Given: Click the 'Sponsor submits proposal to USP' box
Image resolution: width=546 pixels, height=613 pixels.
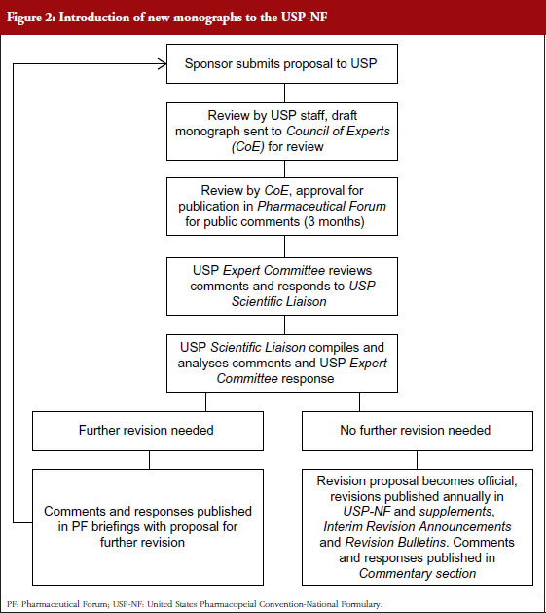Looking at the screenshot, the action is tap(282, 63).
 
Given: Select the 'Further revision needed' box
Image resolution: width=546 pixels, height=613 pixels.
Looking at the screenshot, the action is tap(148, 431).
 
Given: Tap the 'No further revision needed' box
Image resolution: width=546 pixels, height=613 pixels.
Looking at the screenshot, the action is tap(418, 431).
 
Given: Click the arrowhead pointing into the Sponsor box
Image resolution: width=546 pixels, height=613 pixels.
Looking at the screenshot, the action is tap(163, 63).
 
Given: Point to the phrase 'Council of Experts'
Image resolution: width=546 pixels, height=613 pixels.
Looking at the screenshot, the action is tap(338, 131).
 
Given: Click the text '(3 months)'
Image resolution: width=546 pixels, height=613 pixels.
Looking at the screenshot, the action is tap(334, 221).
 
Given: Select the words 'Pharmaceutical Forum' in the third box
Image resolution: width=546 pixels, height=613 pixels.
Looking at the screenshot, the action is tap(321, 206).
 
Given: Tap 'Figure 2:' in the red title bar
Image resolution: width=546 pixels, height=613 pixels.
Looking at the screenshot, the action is tap(31, 18).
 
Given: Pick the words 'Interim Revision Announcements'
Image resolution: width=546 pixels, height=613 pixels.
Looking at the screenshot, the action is tap(418, 526).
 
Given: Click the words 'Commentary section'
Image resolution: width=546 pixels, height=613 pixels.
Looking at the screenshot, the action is tap(418, 573).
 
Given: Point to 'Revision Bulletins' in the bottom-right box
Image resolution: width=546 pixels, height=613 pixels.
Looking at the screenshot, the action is tap(395, 542).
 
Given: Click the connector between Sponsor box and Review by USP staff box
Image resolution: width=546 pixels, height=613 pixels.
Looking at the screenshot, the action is tap(284, 93).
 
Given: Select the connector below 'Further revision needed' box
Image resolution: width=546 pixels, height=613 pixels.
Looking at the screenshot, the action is tap(149, 460).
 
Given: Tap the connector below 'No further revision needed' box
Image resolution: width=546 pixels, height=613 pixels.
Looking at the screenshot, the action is tap(417, 460).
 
